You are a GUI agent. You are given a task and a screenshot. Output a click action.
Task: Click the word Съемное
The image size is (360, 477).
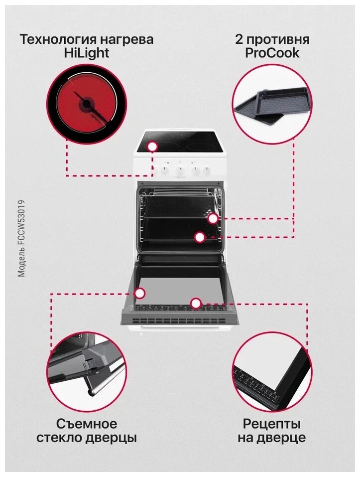tap(87, 424)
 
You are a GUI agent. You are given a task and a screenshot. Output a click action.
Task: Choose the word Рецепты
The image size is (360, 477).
tap(272, 424)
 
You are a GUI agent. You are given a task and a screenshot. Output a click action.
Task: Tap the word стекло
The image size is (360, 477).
tap(61, 439)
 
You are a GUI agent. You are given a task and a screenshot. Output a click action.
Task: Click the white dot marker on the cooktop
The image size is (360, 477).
tap(152, 147)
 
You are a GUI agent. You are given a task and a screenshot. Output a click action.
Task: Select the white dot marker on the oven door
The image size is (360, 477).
tap(196, 303)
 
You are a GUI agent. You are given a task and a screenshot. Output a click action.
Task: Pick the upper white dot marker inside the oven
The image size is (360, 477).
tap(213, 218)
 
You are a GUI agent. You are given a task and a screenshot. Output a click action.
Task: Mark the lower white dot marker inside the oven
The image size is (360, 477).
tap(200, 237)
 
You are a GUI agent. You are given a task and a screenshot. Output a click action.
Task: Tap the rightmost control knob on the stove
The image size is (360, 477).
tap(205, 170)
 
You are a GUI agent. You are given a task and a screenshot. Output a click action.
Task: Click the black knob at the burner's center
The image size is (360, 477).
tap(88, 105)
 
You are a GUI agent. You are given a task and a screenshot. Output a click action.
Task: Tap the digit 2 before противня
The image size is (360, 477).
tap(240, 39)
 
